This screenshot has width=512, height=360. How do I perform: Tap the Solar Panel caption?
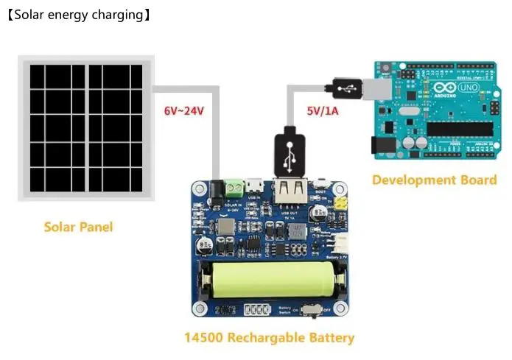(x=78, y=227)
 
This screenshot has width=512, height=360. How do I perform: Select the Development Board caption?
(x=434, y=180)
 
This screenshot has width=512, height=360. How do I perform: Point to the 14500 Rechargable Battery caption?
(x=269, y=339)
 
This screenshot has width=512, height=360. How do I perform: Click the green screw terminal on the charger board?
(x=235, y=189)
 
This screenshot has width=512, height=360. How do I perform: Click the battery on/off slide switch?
(x=312, y=309)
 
